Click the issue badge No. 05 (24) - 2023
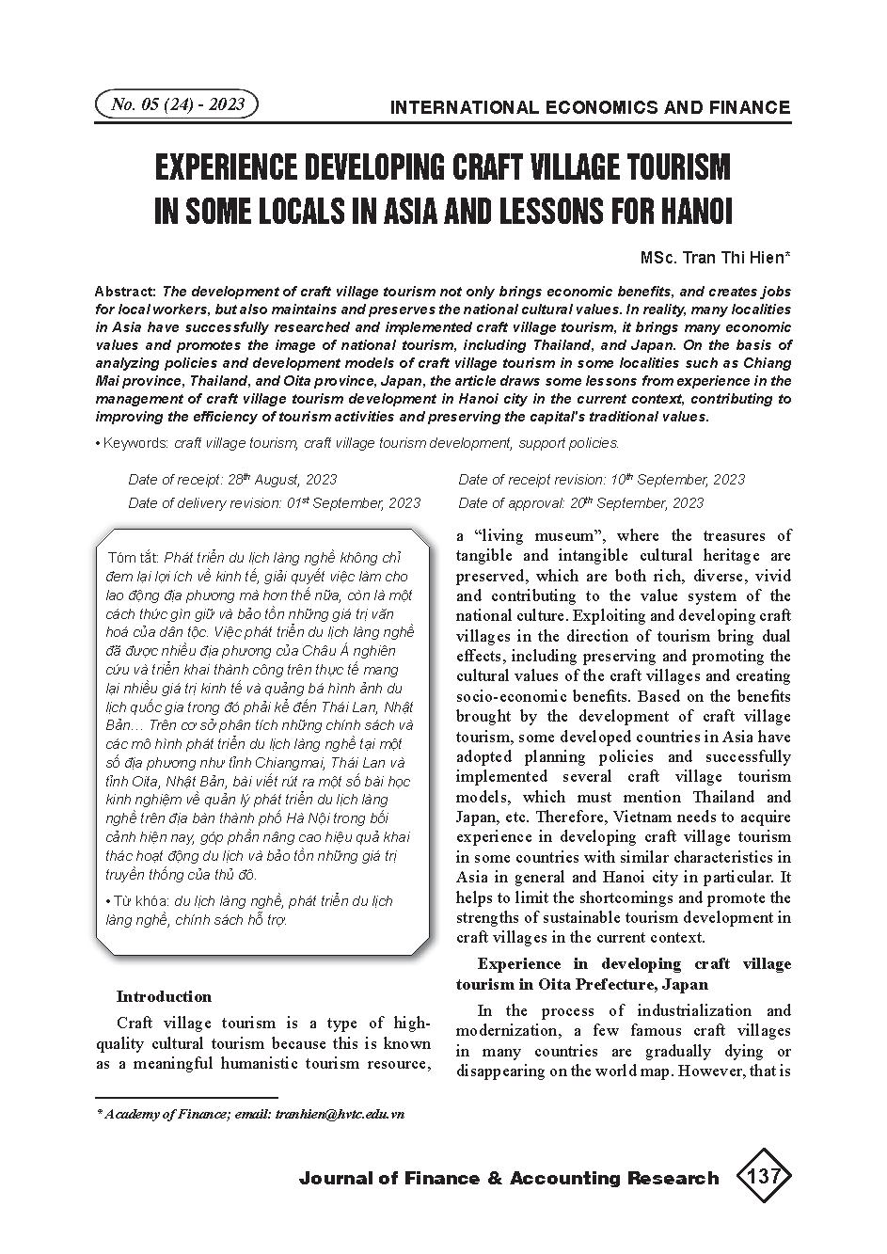point(177,104)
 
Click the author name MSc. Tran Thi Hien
point(715,257)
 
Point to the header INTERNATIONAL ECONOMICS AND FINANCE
point(590,107)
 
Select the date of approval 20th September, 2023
point(637,503)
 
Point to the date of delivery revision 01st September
point(353,503)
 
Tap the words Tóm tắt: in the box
point(134,557)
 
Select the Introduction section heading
point(164,996)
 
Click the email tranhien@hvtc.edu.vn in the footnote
point(340,1114)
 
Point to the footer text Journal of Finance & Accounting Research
point(508,1178)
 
